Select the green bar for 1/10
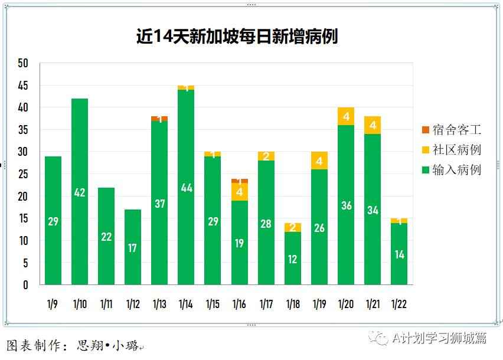[x=80, y=177]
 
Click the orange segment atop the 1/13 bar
[x=159, y=119]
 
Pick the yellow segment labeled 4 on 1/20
[x=346, y=116]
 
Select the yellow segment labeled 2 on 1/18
[x=293, y=228]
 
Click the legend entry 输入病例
[x=452, y=170]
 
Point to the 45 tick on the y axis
[x=23, y=86]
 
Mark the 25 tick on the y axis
[x=23, y=174]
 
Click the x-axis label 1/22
[x=399, y=305]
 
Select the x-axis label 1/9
[x=53, y=305]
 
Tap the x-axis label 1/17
[x=266, y=305]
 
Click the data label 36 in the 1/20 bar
[x=346, y=205]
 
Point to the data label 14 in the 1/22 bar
[x=399, y=255]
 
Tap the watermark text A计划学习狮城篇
[x=440, y=338]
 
